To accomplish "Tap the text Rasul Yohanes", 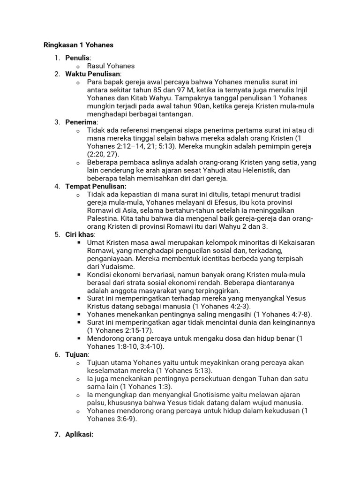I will point(111,66).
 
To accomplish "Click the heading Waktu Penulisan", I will point(93,74).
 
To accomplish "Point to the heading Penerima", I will point(81,122).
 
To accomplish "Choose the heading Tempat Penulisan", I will point(92,186).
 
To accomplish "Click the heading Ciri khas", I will point(80,234).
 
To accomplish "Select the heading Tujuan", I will point(77,354).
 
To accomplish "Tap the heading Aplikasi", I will point(79,435).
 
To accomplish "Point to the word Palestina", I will point(103,218).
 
